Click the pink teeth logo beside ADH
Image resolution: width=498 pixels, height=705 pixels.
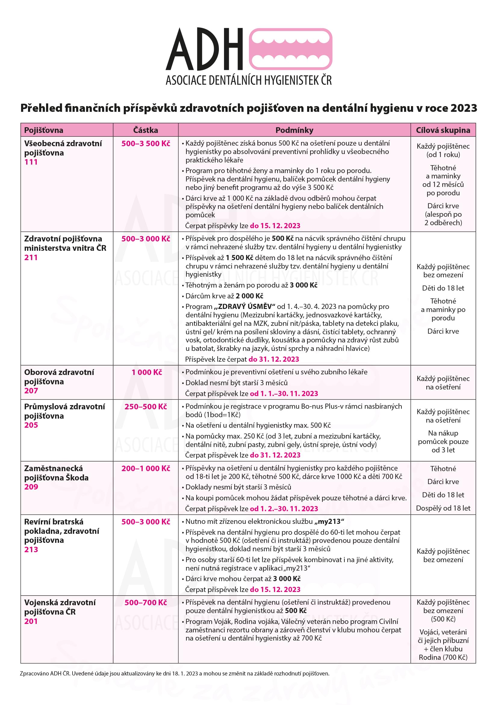point(290,49)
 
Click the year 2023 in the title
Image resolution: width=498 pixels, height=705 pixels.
point(463,108)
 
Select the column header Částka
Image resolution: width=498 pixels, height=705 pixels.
point(145,130)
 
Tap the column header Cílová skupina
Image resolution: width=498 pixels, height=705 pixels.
point(443,130)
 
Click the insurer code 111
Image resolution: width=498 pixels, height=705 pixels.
point(31,162)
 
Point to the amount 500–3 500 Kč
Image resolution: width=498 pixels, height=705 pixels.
point(145,143)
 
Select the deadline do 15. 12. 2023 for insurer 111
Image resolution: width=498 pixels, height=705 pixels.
point(275,226)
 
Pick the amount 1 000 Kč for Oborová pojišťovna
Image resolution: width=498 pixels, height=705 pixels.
point(147,372)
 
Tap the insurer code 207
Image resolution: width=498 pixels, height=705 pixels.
point(31,391)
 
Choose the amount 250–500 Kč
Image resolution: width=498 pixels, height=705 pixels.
point(145,407)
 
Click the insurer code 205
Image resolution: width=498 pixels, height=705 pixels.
point(31,425)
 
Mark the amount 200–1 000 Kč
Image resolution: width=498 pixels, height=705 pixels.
point(145,468)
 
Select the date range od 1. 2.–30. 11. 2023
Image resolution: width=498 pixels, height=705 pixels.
point(284,509)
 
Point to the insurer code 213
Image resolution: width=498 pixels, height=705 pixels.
point(31,549)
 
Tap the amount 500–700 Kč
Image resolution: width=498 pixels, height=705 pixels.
point(145,603)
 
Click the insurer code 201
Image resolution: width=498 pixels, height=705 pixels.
point(31,621)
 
